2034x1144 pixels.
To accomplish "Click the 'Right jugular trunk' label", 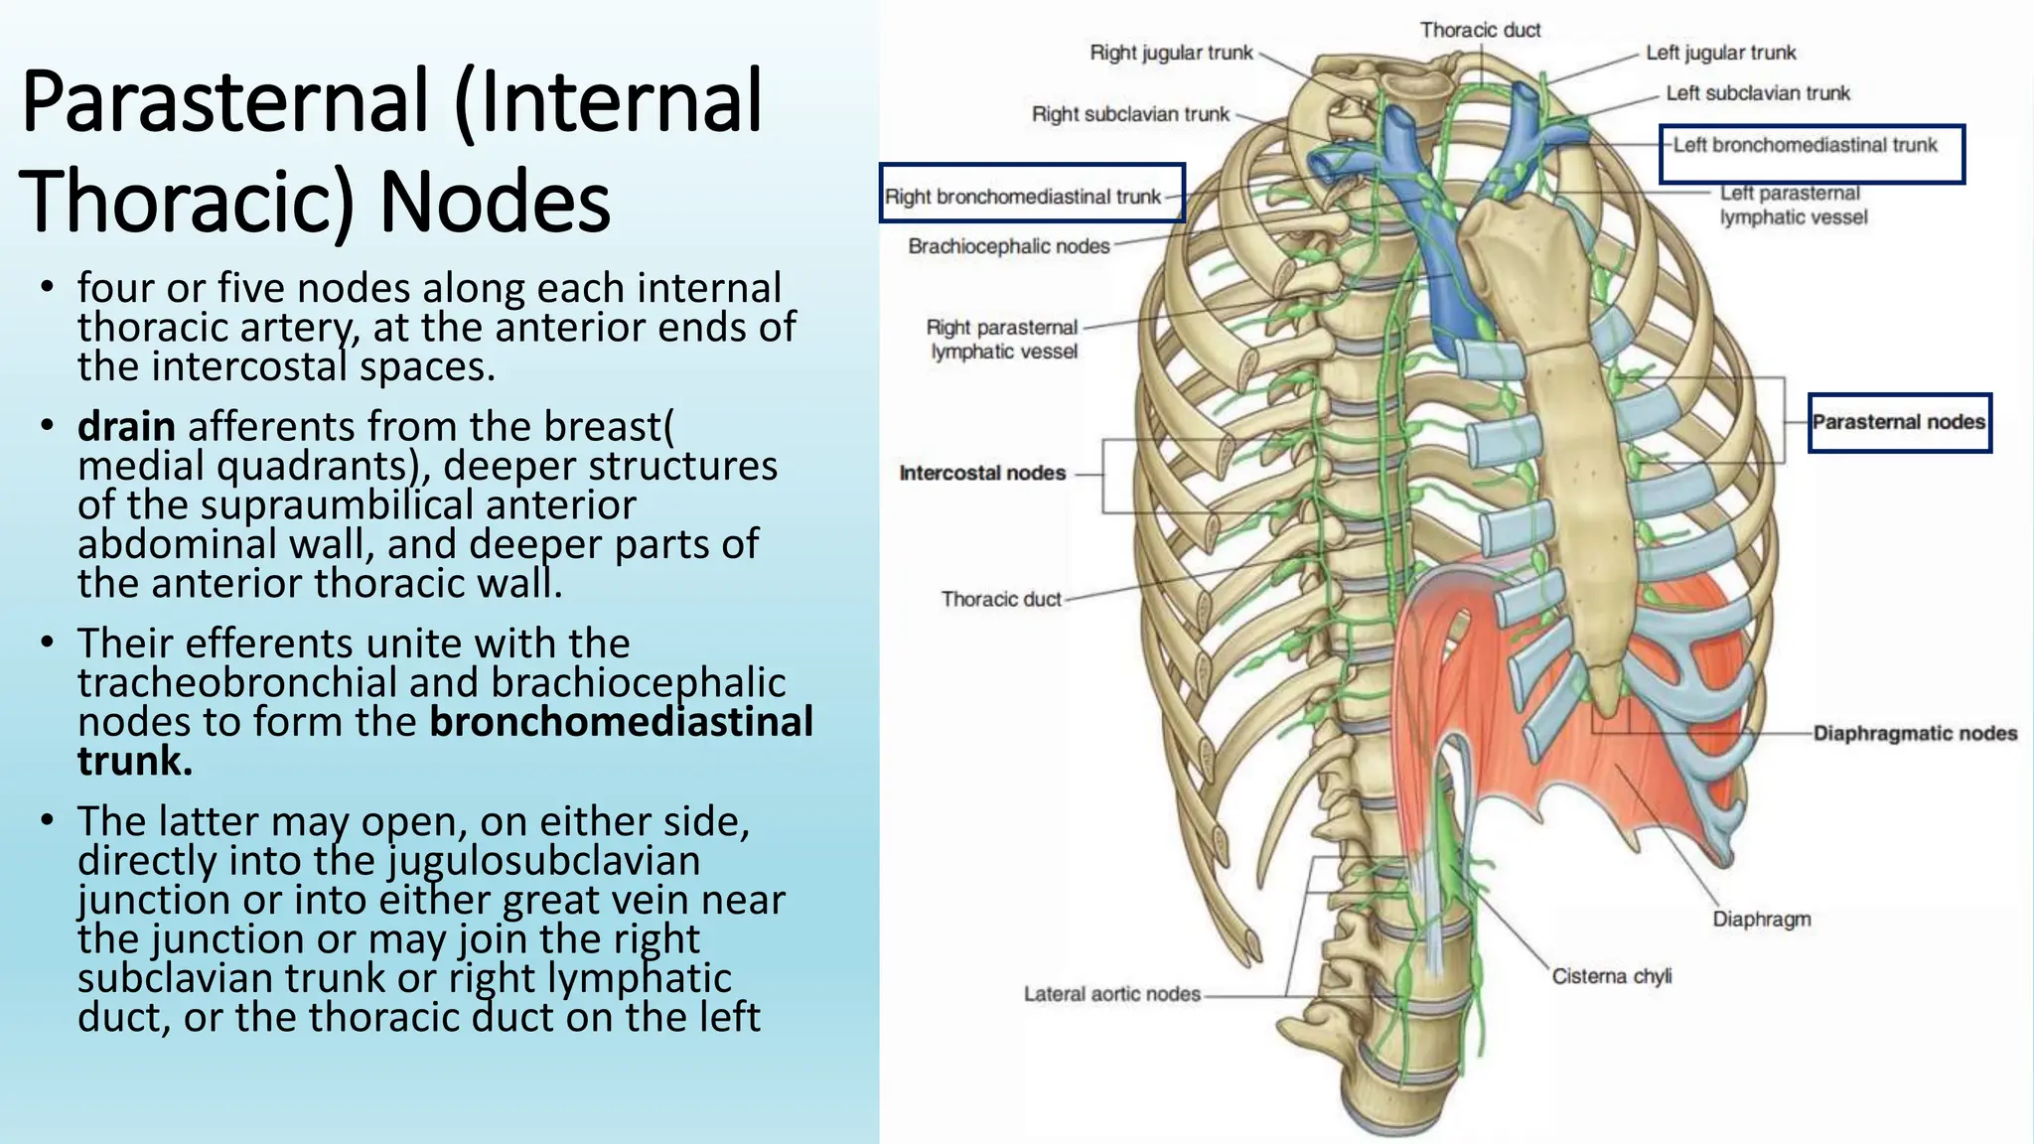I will [1171, 53].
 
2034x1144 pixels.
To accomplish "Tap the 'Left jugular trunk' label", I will [1720, 53].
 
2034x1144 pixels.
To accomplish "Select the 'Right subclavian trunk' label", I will [1130, 114].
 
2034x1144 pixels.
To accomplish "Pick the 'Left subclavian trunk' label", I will [1758, 93].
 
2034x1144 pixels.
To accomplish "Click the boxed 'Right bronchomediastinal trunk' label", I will [1023, 197].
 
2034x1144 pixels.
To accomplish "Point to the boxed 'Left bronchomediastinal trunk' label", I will [1805, 146].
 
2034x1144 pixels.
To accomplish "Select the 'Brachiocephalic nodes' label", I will [1008, 246].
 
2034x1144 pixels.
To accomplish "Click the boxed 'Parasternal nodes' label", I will [1898, 422].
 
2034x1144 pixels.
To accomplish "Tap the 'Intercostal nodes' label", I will [982, 474].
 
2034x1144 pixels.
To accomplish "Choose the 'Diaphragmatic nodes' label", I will [1915, 734].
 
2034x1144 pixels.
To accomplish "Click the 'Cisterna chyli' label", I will [1611, 976].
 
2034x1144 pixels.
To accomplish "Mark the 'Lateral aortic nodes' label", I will [1111, 994].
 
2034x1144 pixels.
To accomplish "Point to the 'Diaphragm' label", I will [1761, 920].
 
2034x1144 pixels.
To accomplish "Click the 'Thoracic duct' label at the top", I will [1480, 30].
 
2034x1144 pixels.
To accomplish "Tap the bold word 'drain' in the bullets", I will [126, 426].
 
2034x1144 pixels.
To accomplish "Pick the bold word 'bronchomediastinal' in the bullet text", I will [621, 722].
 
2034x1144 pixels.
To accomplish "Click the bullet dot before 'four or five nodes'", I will [46, 288].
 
